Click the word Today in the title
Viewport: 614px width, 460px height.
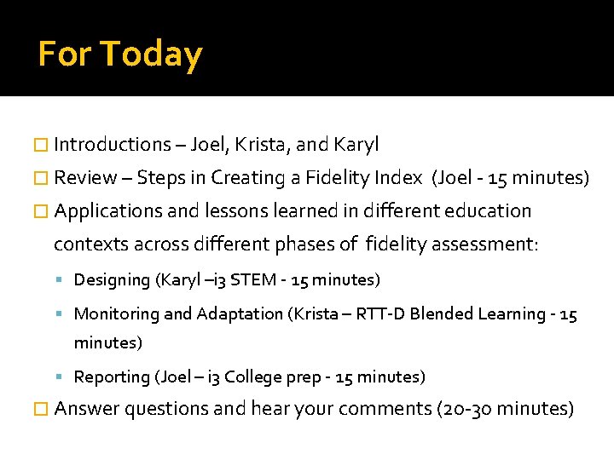(x=151, y=55)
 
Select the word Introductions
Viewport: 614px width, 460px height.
(x=112, y=145)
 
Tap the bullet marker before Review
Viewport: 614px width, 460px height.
(x=44, y=178)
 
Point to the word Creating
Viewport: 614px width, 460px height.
(x=246, y=178)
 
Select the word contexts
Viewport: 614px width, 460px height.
(x=89, y=245)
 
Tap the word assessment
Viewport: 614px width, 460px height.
(x=484, y=245)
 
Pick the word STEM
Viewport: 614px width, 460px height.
(x=264, y=280)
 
